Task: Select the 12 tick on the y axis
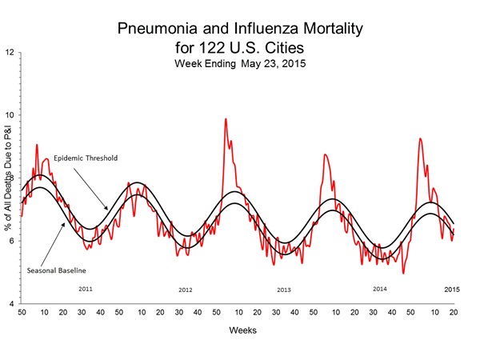point(10,53)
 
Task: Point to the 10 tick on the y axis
point(10,115)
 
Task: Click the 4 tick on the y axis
point(11,305)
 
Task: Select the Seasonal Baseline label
point(57,270)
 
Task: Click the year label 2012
point(186,290)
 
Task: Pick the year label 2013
point(283,290)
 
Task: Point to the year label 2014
point(381,288)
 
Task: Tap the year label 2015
point(452,288)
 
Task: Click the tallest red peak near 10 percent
point(226,119)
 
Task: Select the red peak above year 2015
point(420,139)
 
